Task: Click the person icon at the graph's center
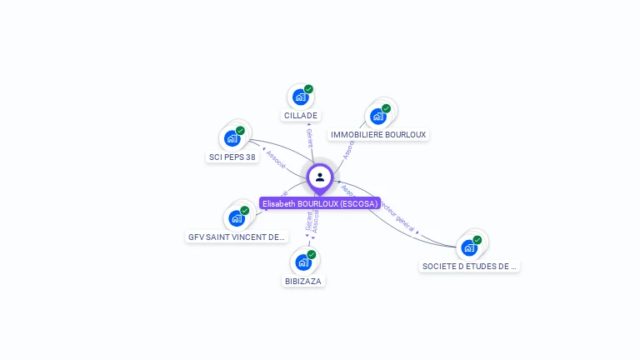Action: point(320,177)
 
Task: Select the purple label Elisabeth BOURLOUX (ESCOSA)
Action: point(320,203)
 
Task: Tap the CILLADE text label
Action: point(301,116)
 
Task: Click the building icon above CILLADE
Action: point(300,97)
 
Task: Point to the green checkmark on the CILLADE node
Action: point(308,89)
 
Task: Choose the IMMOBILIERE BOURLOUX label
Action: point(378,135)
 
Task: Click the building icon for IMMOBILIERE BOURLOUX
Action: point(378,117)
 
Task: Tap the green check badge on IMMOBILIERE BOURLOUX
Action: point(386,108)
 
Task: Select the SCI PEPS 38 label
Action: point(232,157)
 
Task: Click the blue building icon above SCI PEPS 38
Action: point(232,138)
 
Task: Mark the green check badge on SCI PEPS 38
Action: point(240,131)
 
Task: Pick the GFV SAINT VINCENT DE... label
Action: point(237,237)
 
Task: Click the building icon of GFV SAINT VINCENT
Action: point(237,218)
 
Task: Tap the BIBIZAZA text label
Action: point(303,281)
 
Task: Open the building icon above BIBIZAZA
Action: point(303,262)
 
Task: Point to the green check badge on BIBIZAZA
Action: point(312,254)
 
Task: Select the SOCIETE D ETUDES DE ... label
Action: point(470,267)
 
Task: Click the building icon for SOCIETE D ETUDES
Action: point(469,247)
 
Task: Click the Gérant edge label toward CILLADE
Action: point(309,137)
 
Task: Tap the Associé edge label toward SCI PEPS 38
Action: point(276,158)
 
